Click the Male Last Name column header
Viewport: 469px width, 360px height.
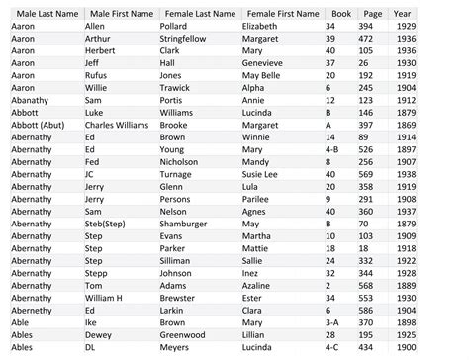pyautogui.click(x=44, y=14)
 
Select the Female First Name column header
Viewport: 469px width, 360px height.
pyautogui.click(x=280, y=14)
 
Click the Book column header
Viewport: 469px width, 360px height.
pyautogui.click(x=340, y=14)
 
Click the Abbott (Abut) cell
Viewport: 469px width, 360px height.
pyautogui.click(x=40, y=126)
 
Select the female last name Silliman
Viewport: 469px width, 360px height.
pyautogui.click(x=177, y=260)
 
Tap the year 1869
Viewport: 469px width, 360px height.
pyautogui.click(x=405, y=126)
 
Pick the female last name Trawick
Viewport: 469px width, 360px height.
pyautogui.click(x=176, y=87)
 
